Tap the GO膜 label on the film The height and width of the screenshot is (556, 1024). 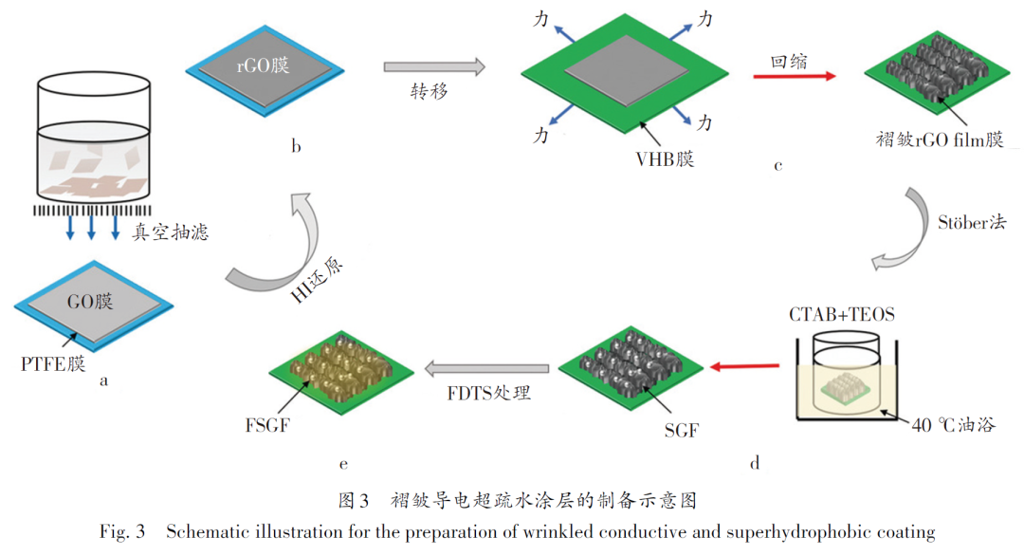[x=90, y=302]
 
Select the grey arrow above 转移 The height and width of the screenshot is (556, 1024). [x=434, y=67]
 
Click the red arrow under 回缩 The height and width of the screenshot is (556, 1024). [x=802, y=75]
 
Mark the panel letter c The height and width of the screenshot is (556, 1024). [x=777, y=168]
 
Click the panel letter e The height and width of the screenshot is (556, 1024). [x=342, y=464]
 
